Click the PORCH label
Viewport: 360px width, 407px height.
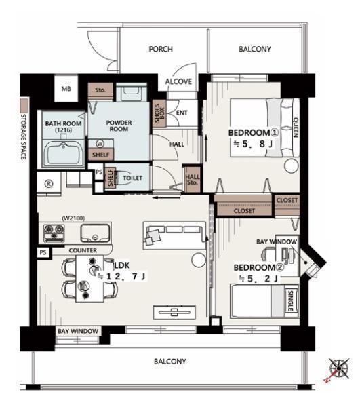[x=161, y=49]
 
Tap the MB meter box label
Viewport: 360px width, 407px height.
[x=66, y=89]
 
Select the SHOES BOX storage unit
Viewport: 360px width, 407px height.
[x=159, y=114]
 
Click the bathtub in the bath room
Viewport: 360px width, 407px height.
[x=64, y=154]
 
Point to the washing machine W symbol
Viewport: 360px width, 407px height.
[x=100, y=144]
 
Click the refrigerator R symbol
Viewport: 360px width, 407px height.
[x=49, y=184]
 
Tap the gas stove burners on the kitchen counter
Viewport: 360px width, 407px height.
[x=54, y=233]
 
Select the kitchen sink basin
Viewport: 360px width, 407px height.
[x=95, y=233]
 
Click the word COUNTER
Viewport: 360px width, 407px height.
[x=83, y=250]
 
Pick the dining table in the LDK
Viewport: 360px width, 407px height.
[x=89, y=279]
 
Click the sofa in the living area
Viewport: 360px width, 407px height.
[x=174, y=235]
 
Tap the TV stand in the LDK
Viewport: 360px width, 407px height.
[x=174, y=312]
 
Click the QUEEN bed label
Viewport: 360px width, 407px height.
[x=296, y=128]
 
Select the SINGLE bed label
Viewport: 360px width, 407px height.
[x=290, y=301]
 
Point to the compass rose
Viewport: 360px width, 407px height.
[x=339, y=368]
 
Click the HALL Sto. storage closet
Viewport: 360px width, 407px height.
[x=192, y=179]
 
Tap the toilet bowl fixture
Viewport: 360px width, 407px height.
[x=124, y=178]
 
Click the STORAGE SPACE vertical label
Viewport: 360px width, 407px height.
[x=23, y=136]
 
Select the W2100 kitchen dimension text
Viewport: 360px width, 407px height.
[x=73, y=218]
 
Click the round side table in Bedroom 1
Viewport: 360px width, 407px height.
[x=291, y=166]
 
